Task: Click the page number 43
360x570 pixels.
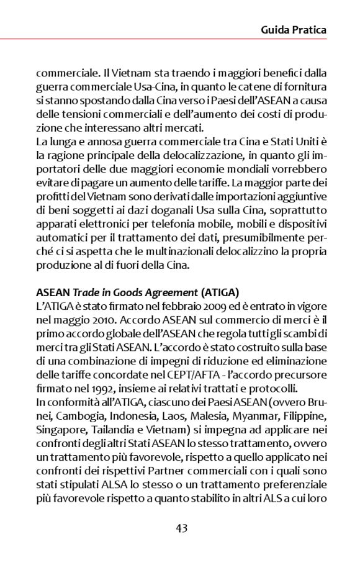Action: tap(181, 528)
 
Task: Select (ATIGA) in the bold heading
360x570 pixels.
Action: tap(220, 292)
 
